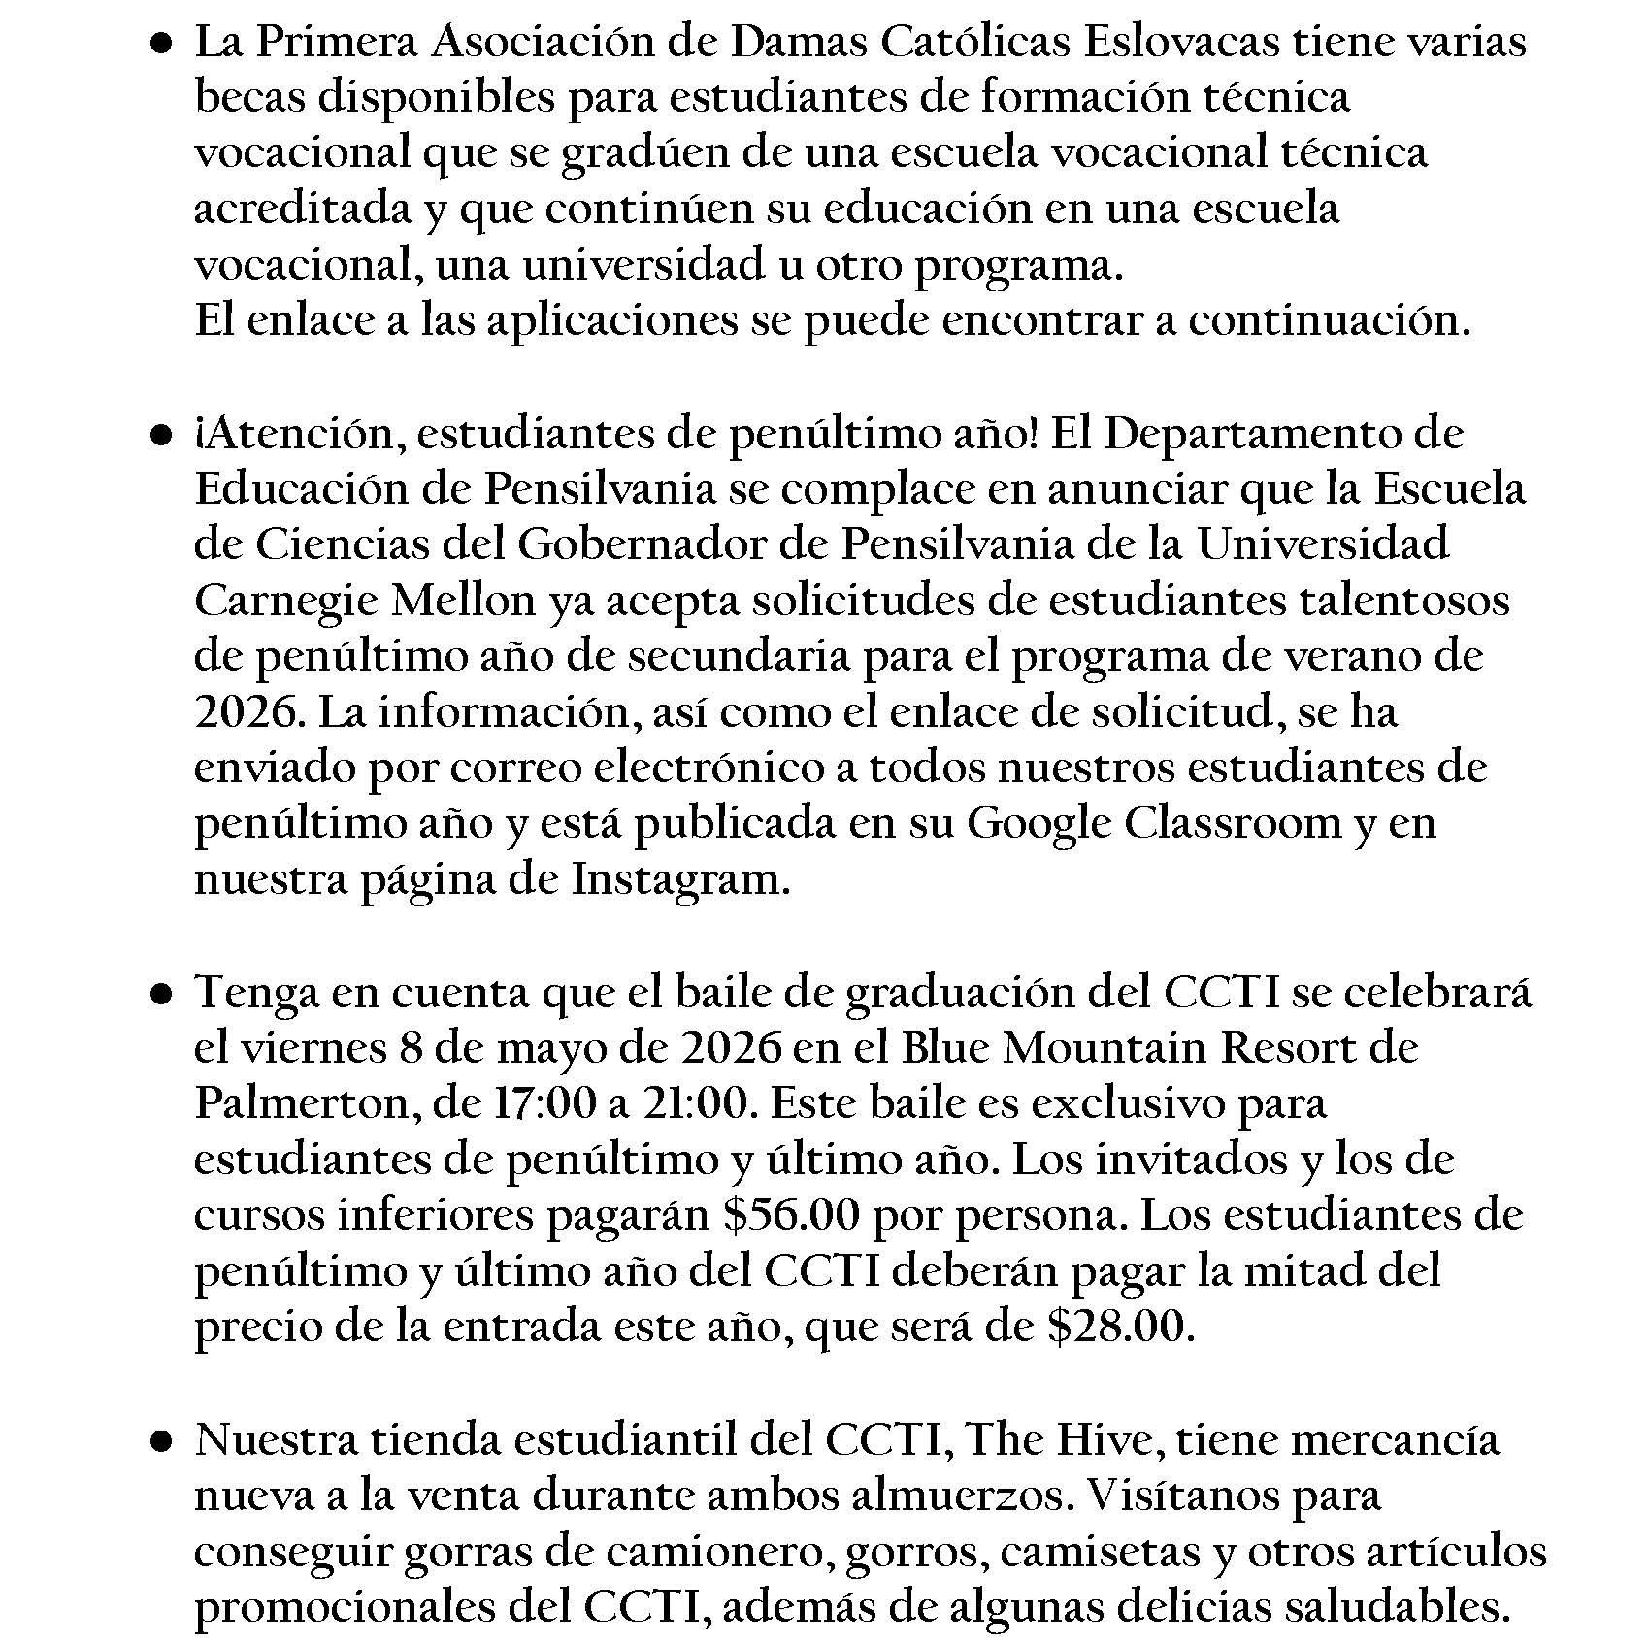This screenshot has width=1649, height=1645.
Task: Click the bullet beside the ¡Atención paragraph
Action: [162, 437]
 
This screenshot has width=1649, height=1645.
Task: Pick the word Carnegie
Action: [283, 602]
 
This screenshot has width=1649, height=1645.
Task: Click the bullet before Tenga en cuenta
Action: [162, 995]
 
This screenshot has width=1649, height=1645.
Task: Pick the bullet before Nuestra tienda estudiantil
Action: [162, 1443]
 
